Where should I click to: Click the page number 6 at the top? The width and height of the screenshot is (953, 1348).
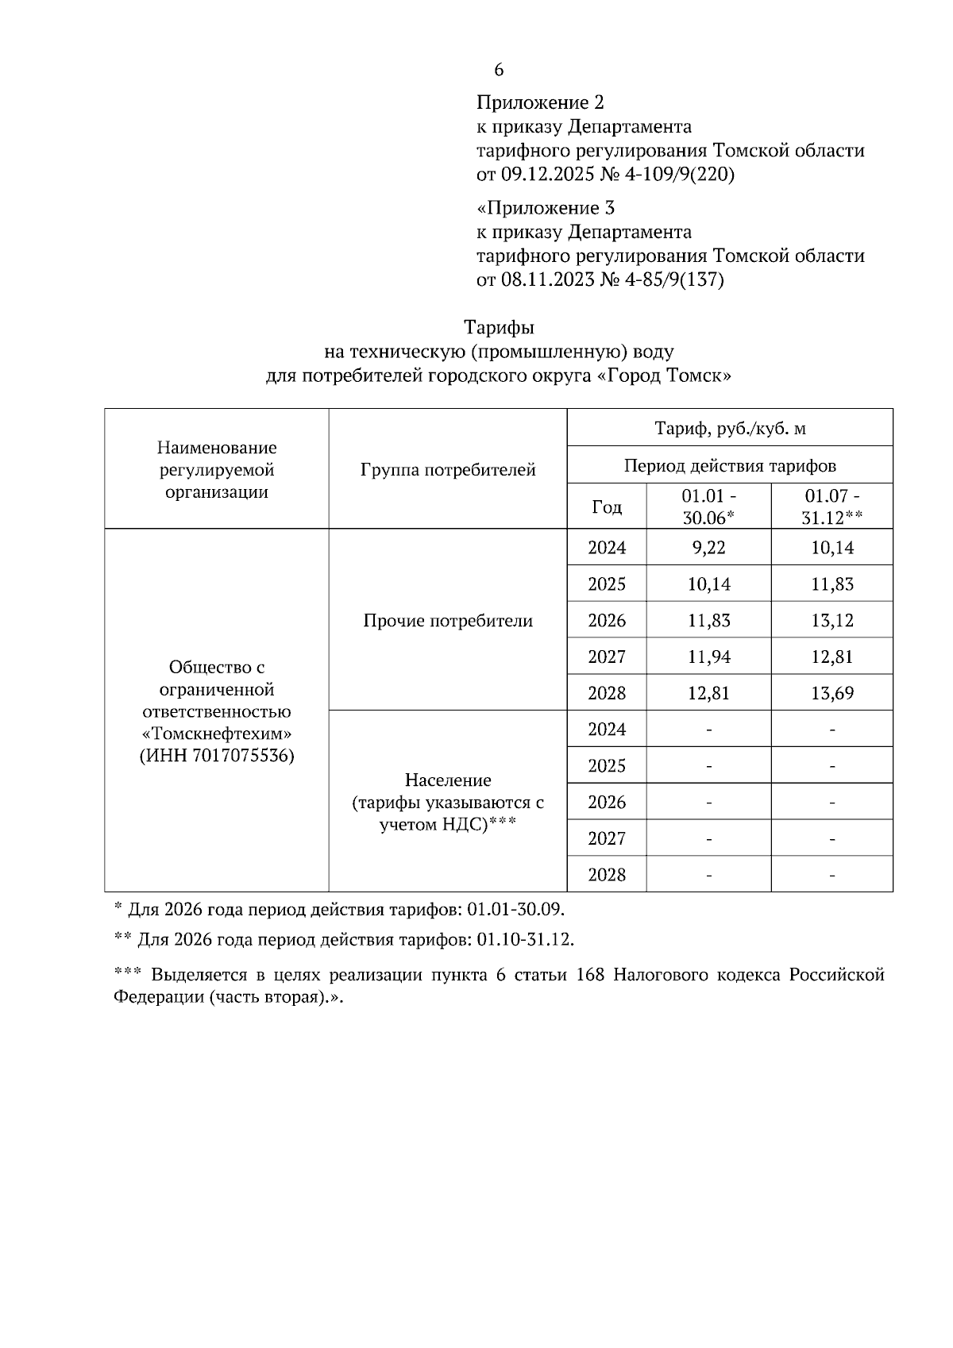click(x=499, y=71)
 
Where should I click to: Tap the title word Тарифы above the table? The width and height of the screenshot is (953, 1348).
click(x=499, y=327)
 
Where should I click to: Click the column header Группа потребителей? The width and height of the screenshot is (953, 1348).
click(x=448, y=470)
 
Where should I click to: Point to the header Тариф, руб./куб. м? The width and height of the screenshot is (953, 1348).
click(x=729, y=429)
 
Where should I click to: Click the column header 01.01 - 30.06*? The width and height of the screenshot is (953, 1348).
click(x=708, y=506)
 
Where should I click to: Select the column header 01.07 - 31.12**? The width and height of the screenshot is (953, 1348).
click(x=831, y=506)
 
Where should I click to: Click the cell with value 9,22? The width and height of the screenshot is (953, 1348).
click(x=708, y=548)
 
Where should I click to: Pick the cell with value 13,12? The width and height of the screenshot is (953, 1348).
click(x=831, y=621)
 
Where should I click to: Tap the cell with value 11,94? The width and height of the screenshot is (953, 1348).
click(x=708, y=657)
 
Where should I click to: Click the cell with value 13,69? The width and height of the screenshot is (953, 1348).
click(x=831, y=694)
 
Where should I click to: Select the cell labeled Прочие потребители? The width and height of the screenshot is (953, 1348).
click(x=448, y=621)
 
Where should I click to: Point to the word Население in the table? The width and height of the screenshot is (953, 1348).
click(x=448, y=780)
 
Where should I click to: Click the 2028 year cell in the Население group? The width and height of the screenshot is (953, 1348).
click(x=607, y=875)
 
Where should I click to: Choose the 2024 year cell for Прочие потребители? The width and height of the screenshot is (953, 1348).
click(x=607, y=548)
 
